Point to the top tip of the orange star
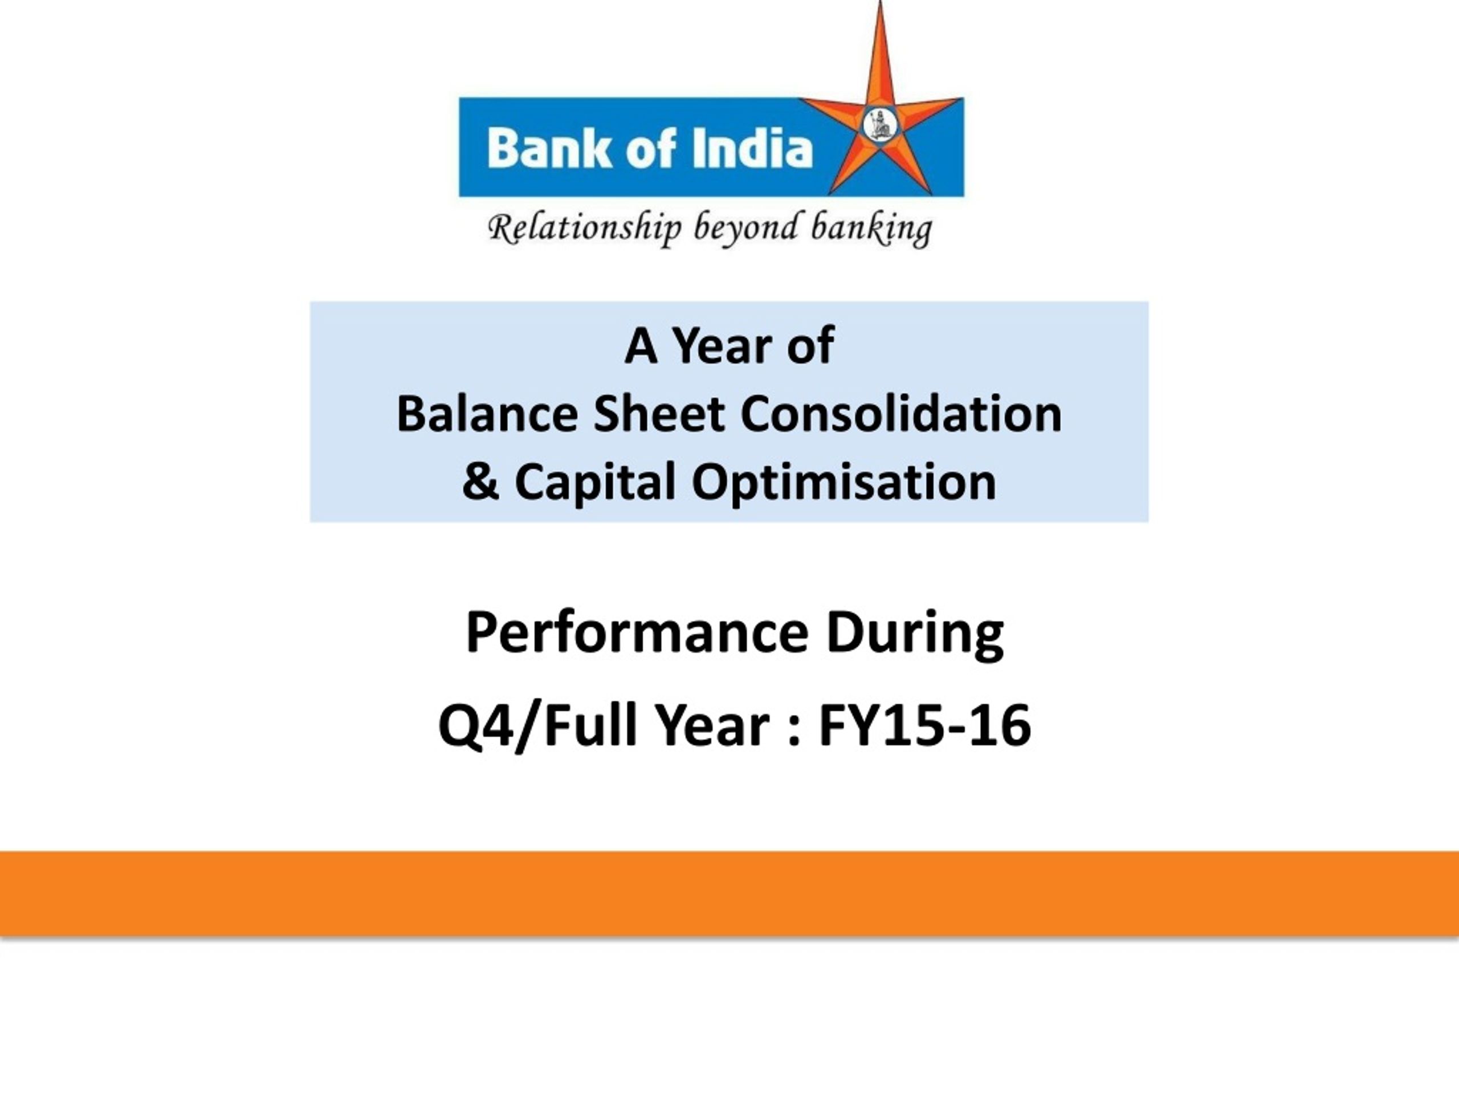pos(881,1)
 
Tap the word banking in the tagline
pos(871,230)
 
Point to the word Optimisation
pos(843,483)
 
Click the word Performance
pos(637,632)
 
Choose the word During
pos(915,634)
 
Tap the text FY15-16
pos(925,725)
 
